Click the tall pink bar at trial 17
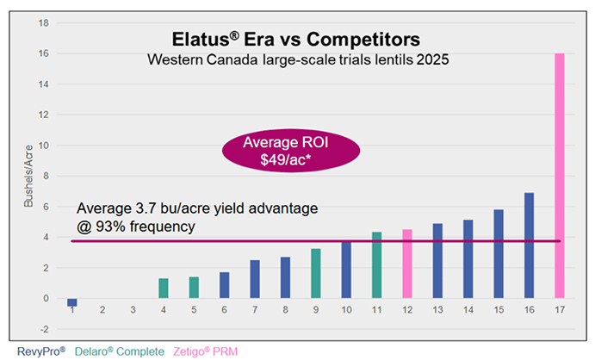click(559, 176)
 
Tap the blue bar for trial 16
click(529, 245)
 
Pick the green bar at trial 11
click(377, 265)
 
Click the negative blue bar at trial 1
click(73, 302)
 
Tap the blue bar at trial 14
click(468, 259)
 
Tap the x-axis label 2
click(102, 308)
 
